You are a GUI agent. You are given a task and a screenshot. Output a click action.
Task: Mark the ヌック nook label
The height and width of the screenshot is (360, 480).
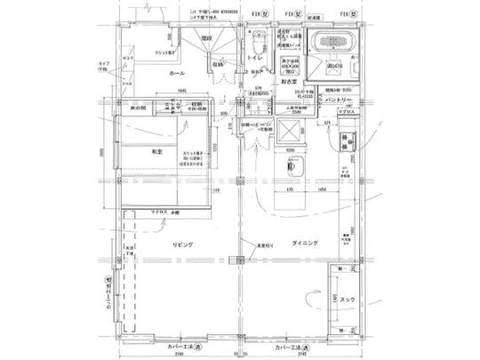(x=348, y=300)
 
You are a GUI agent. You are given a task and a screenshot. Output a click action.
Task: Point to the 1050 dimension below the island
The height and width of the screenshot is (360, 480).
(x=320, y=190)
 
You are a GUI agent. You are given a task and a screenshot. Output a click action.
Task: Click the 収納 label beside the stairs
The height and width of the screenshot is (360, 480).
(x=217, y=64)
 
